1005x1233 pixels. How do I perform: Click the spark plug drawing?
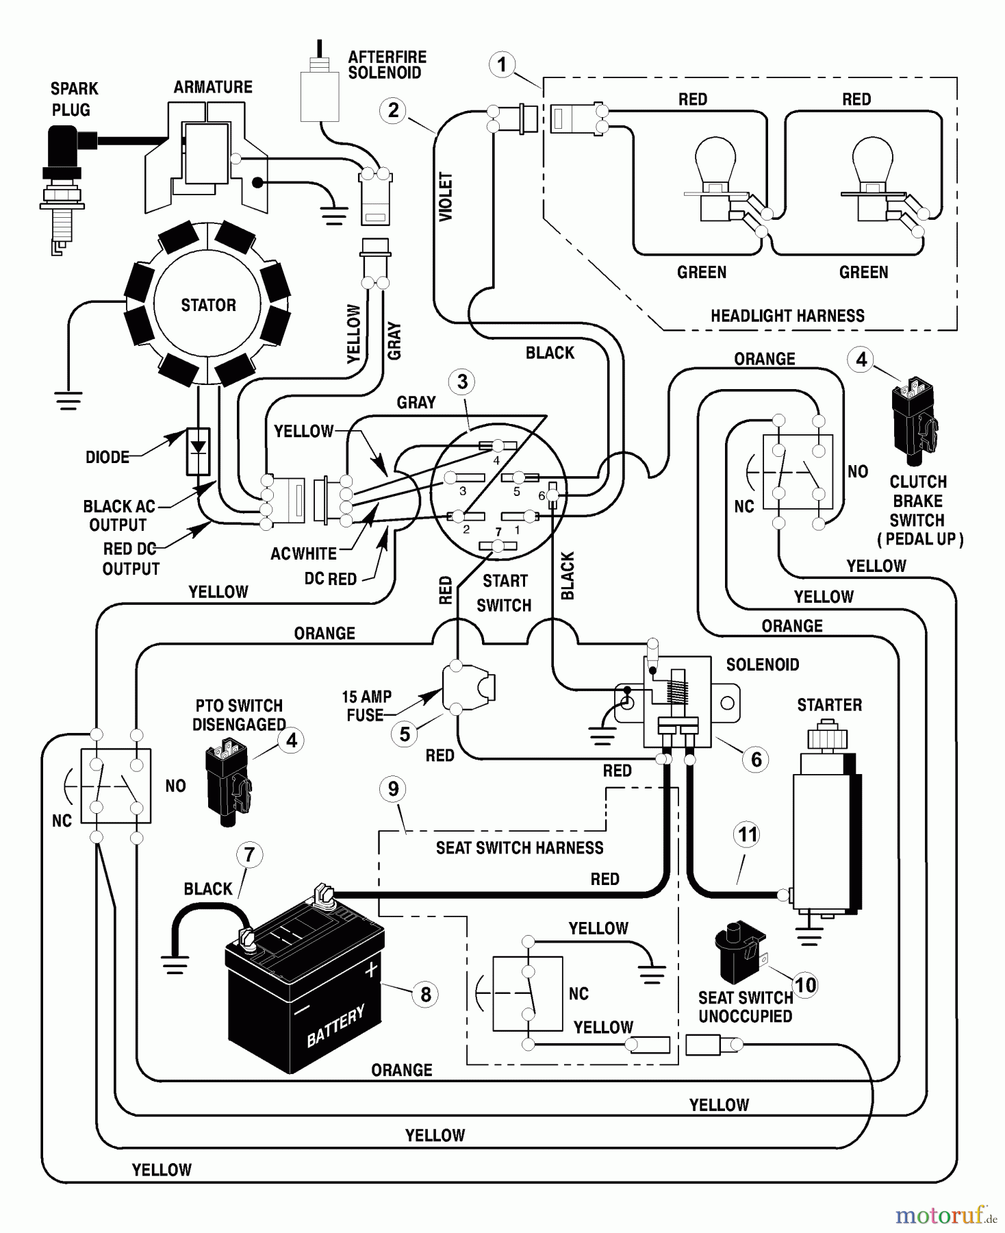(63, 188)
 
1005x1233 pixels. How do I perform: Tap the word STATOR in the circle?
(208, 306)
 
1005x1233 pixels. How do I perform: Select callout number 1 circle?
(502, 65)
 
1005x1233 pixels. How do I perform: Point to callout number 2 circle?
(393, 110)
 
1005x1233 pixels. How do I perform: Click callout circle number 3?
(462, 382)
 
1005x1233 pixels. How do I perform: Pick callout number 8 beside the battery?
(425, 994)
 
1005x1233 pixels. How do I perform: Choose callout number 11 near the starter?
(747, 834)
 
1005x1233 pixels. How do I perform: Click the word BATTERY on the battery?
(335, 1026)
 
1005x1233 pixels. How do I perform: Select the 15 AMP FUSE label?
(366, 706)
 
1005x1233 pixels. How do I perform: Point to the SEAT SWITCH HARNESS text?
(520, 848)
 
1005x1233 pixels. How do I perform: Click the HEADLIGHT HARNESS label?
(787, 316)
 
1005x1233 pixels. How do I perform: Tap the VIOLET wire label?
(446, 197)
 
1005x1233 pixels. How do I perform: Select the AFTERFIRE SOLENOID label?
(387, 65)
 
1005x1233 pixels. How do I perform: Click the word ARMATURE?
(213, 87)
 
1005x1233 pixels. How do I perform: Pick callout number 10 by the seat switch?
(805, 985)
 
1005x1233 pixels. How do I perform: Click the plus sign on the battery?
(371, 970)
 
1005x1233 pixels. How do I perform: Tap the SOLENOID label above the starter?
(762, 664)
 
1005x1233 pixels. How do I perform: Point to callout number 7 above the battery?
(249, 854)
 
